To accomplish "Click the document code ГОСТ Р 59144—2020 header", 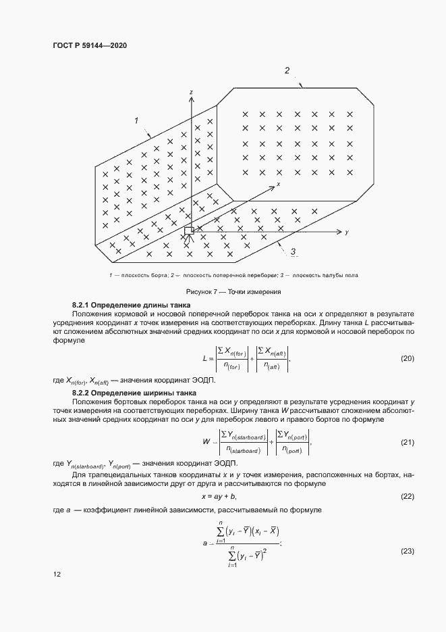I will [x=90, y=45].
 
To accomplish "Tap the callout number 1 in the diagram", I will [x=136, y=121].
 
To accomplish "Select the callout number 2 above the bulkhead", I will [x=287, y=71].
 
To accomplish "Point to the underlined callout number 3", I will [x=294, y=252].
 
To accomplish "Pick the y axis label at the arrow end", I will [x=345, y=232].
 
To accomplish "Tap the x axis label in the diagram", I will [x=277, y=183].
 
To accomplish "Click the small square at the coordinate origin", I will [x=189, y=231].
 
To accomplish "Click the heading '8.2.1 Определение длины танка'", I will [x=127, y=306].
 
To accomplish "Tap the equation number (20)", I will [x=407, y=358].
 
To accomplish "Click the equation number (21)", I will [x=407, y=443].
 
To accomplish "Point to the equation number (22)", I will [x=407, y=496].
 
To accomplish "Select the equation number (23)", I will [x=407, y=552].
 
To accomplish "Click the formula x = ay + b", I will [x=222, y=497].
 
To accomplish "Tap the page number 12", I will [x=57, y=575].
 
